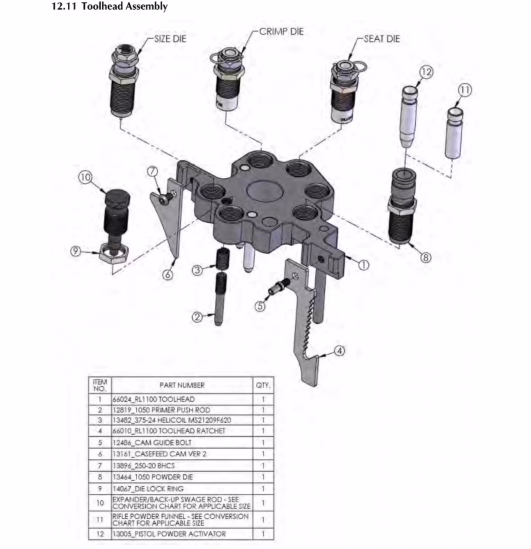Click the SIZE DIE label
(170, 38)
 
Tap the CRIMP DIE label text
(282, 31)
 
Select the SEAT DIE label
(382, 39)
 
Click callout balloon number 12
(426, 72)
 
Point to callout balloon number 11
(465, 90)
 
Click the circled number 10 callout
(85, 177)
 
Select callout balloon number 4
(339, 350)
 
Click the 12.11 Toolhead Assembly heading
(109, 6)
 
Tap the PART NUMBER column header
(182, 385)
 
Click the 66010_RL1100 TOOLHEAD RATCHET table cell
(169, 431)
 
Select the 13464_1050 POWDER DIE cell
(153, 477)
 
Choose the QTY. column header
(263, 385)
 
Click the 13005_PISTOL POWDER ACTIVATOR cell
(169, 534)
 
